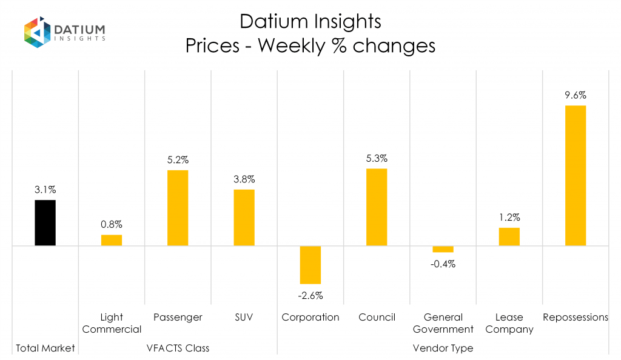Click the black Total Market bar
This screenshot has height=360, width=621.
click(x=45, y=222)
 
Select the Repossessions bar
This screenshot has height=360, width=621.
click(x=575, y=176)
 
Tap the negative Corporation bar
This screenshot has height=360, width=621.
click(x=310, y=265)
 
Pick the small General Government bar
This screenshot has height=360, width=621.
click(x=443, y=249)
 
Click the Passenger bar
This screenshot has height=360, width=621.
click(x=178, y=208)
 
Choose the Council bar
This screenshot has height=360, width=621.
click(x=377, y=207)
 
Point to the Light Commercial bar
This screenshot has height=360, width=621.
click(x=112, y=240)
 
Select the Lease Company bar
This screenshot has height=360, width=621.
click(x=509, y=236)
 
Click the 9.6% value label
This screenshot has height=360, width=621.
click(x=575, y=95)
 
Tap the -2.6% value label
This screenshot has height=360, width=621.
click(x=310, y=296)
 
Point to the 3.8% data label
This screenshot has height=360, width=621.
click(x=244, y=179)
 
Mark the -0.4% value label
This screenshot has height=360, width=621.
click(x=443, y=264)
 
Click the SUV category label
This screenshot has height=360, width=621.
click(x=244, y=317)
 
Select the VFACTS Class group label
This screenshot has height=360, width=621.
click(x=178, y=348)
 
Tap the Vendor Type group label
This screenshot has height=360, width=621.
click(x=443, y=348)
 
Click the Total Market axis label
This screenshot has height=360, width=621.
click(x=45, y=348)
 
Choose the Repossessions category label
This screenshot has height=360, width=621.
click(x=575, y=317)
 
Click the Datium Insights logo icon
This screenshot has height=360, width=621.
click(x=37, y=32)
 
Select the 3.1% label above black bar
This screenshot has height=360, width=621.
click(x=45, y=190)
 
